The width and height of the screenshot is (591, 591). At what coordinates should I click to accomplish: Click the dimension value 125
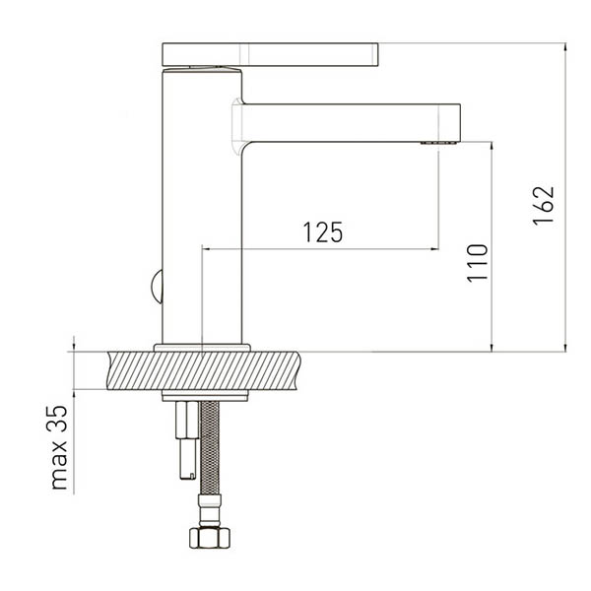coord(323,231)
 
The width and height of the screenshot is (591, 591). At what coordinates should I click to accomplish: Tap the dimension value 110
coord(477,263)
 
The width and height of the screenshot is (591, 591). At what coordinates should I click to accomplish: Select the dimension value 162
coord(544,206)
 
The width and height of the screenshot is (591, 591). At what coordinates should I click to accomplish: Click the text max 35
coord(59,447)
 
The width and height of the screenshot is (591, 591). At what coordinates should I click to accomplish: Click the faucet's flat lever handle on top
coord(270,54)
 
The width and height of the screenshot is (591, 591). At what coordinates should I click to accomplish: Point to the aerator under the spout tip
coord(438,143)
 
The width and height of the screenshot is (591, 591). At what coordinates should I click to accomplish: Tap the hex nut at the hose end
coord(210,538)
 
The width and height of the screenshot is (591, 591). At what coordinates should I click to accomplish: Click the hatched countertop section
coord(204,370)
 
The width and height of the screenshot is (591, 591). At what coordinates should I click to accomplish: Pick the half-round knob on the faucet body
coord(157,286)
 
